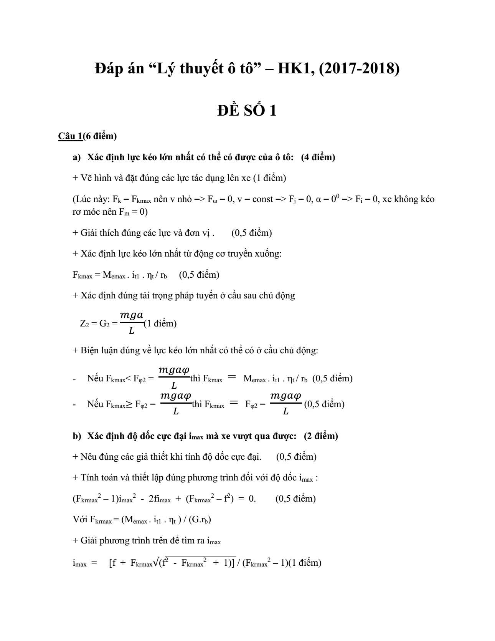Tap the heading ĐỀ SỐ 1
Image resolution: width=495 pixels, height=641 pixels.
[x=247, y=111]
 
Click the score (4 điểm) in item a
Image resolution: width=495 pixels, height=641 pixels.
[x=318, y=157]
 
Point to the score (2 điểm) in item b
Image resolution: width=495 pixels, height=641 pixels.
[x=321, y=436]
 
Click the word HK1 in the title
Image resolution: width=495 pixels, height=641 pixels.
[x=295, y=69]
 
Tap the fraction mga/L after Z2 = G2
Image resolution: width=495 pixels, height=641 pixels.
[x=132, y=323]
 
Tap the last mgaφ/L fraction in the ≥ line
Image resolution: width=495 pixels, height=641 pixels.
[x=286, y=403]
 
